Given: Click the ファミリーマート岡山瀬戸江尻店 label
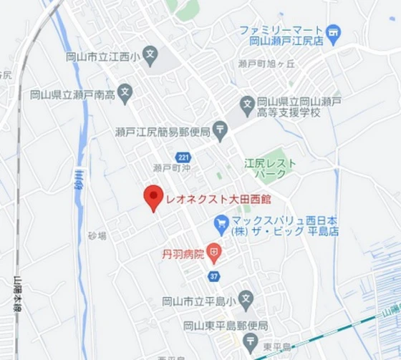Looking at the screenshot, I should pyautogui.click(x=282, y=37).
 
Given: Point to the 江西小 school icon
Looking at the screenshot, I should pyautogui.click(x=150, y=54).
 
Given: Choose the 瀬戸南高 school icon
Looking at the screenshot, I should pyautogui.click(x=125, y=91).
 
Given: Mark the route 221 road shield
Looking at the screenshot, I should pyautogui.click(x=183, y=157).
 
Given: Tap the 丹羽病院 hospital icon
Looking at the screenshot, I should pyautogui.click(x=213, y=253).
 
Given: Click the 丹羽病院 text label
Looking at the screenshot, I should pyautogui.click(x=183, y=253).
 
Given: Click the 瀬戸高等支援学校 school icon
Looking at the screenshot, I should pyautogui.click(x=246, y=104).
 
